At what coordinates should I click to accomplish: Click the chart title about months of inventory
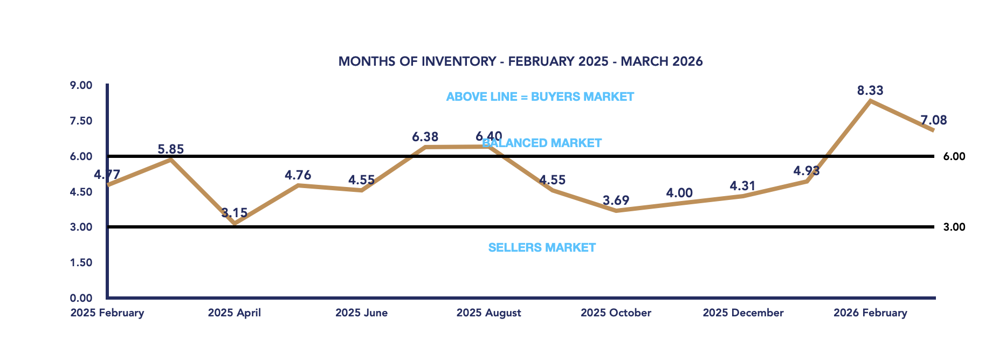(520, 61)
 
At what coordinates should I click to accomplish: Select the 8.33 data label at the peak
(870, 91)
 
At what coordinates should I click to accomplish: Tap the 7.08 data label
(933, 120)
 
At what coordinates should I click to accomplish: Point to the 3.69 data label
(616, 200)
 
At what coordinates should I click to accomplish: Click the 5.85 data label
(170, 149)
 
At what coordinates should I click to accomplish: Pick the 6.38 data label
(425, 137)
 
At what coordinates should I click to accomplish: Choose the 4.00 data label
(679, 193)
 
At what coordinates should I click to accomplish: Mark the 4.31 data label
(742, 186)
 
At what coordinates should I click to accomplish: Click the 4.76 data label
(298, 175)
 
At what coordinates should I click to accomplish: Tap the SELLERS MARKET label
(542, 248)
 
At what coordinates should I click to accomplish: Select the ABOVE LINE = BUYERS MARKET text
(540, 97)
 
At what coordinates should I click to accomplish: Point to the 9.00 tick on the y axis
(81, 86)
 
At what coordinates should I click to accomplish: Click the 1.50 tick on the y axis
(81, 263)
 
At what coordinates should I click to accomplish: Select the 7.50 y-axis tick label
(81, 121)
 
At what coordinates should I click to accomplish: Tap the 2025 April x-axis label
(234, 313)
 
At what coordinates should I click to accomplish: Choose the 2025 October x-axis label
(616, 313)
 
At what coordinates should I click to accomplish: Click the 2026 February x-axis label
(870, 313)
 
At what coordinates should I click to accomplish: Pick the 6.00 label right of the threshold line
(954, 157)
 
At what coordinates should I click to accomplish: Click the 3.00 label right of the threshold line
(954, 227)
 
